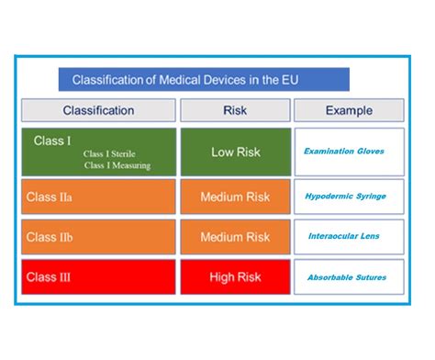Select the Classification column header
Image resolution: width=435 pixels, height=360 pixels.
click(98, 111)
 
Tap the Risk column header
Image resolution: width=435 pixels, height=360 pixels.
click(235, 111)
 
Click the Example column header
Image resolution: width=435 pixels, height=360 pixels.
click(349, 111)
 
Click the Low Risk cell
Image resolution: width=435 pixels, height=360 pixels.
click(235, 151)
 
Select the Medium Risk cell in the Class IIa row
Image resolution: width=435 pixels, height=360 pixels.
click(235, 197)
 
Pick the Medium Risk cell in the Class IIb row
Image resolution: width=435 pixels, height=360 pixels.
click(235, 237)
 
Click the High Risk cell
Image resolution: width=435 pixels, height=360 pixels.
click(235, 277)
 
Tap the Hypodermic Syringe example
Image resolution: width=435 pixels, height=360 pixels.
click(345, 197)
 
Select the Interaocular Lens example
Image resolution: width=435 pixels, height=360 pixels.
click(344, 236)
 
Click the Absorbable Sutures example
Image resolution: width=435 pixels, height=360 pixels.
click(346, 277)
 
